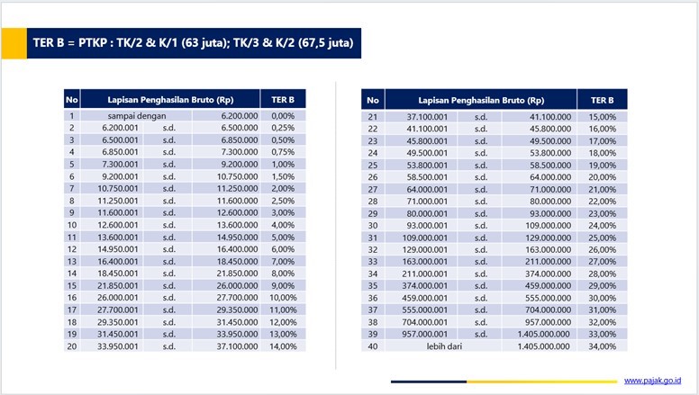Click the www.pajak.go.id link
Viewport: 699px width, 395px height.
click(652, 382)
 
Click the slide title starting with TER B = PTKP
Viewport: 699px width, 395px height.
click(193, 42)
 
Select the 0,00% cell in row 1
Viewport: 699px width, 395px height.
click(283, 116)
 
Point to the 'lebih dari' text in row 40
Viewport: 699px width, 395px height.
click(444, 346)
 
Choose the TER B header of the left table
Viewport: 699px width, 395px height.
click(283, 99)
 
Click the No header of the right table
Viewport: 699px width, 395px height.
click(373, 99)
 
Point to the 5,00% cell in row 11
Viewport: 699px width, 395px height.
click(283, 236)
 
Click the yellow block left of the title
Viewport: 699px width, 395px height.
click(13, 42)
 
